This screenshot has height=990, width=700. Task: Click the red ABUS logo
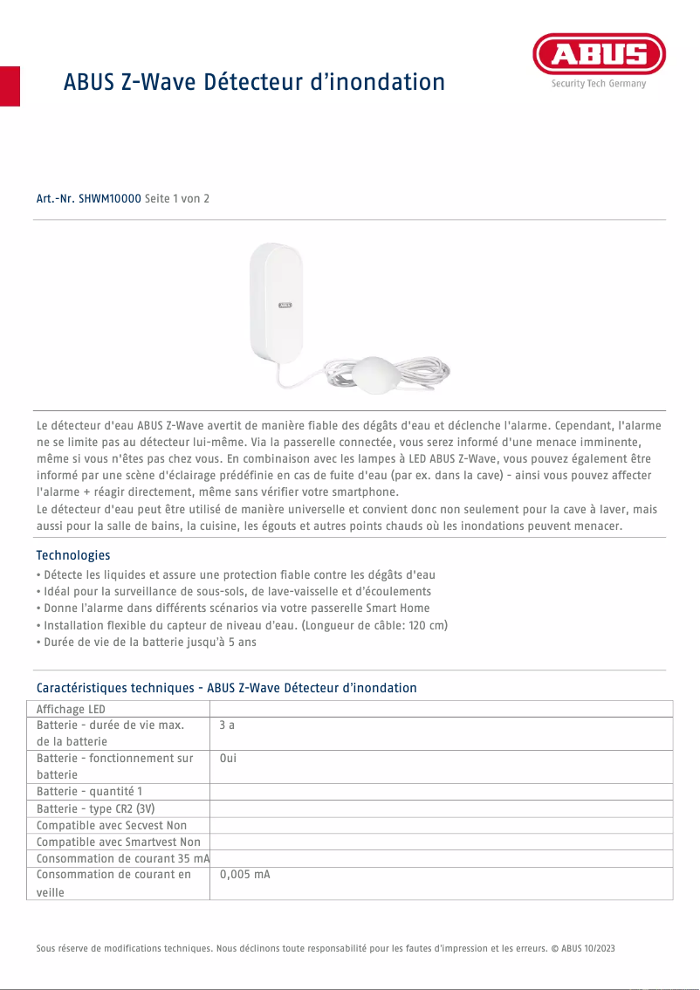click(x=599, y=55)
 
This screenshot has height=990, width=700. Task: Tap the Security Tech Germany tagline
click(x=598, y=84)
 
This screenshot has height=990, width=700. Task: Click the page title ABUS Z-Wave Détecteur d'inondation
click(x=254, y=82)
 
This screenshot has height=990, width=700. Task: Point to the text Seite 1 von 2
click(x=177, y=199)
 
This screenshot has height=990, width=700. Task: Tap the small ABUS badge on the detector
click(x=285, y=306)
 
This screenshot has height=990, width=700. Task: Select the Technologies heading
click(x=73, y=555)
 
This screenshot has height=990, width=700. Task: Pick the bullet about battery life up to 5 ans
click(x=147, y=642)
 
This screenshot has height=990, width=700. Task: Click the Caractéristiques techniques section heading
click(x=226, y=688)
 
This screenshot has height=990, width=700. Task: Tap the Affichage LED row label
click(x=71, y=709)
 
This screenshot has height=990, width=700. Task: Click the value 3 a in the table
click(x=227, y=725)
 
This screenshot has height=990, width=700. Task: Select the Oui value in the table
click(x=228, y=758)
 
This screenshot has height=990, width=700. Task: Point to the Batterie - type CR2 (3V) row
click(x=96, y=808)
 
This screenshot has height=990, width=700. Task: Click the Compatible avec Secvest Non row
click(x=112, y=825)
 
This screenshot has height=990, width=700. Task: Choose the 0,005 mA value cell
click(x=244, y=874)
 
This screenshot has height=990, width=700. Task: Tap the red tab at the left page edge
click(x=10, y=86)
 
